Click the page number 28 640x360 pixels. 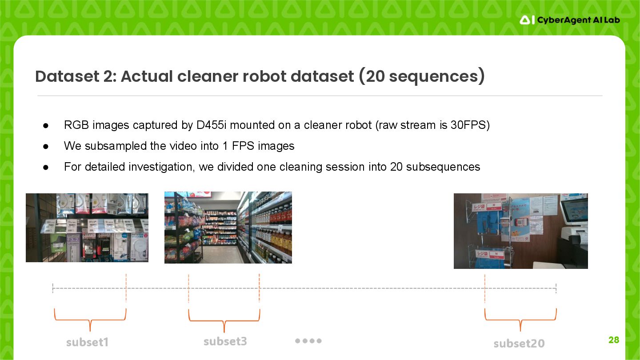(x=613, y=340)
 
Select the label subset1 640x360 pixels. (x=87, y=342)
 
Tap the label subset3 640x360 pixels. (x=225, y=341)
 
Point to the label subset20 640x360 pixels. (x=519, y=343)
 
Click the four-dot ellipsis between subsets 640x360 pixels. (x=308, y=341)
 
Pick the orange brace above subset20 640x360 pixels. (x=520, y=319)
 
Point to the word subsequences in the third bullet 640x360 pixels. (x=443, y=167)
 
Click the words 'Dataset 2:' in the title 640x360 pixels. (x=75, y=76)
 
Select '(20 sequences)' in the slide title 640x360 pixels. (x=421, y=76)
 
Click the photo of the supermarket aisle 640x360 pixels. (x=228, y=228)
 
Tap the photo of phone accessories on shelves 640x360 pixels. (x=87, y=228)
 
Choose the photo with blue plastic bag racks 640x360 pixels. (x=520, y=231)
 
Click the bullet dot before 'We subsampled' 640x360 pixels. (x=46, y=146)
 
